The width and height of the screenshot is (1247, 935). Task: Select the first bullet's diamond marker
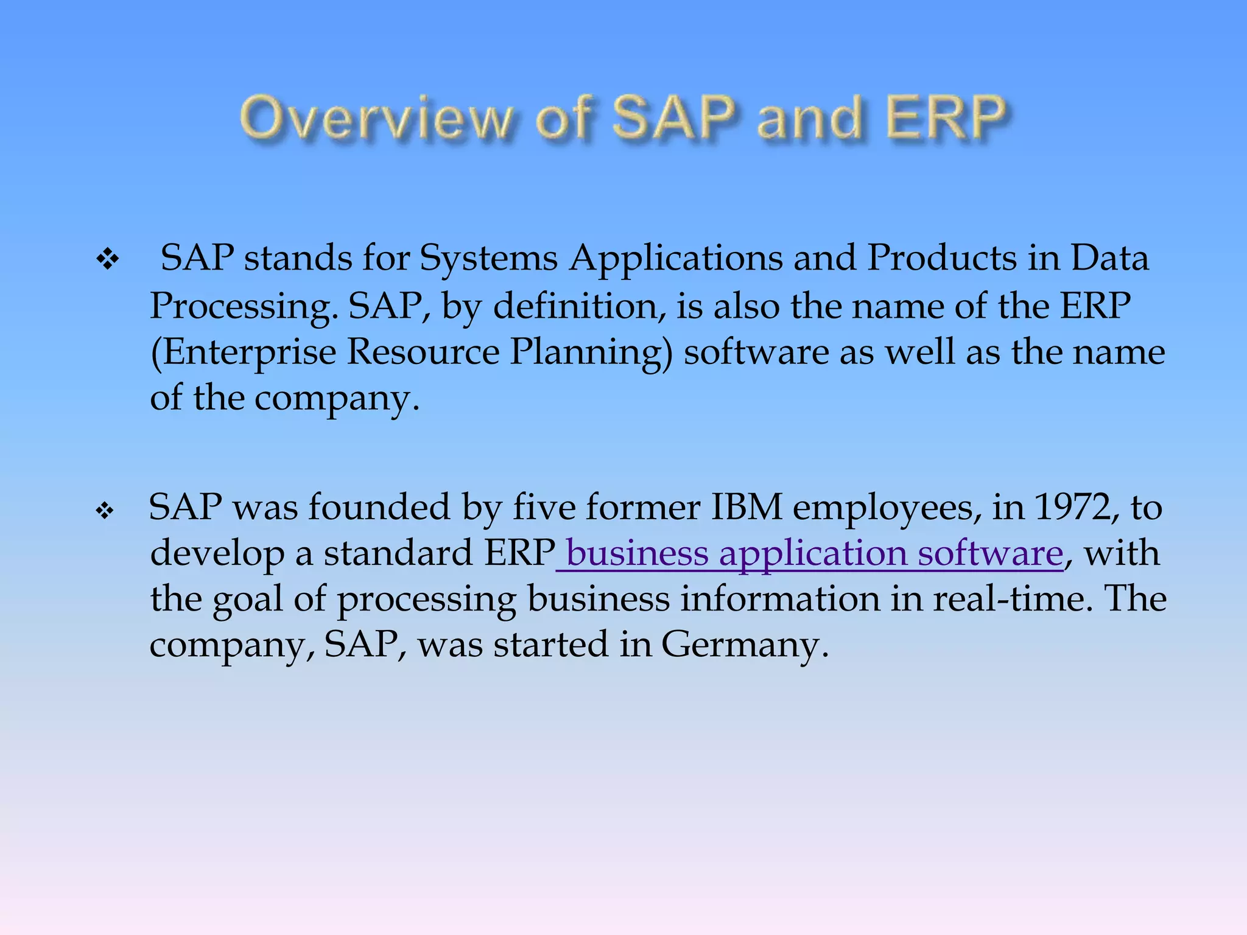pos(108,260)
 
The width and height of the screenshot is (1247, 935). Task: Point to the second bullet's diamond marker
pos(105,510)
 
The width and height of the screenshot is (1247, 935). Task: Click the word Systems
pos(488,258)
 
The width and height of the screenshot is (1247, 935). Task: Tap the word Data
pos(1109,258)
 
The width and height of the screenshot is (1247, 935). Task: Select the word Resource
pos(423,352)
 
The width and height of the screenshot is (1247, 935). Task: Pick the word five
pos(544,507)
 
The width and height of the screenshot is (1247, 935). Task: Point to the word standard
pos(398,553)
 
